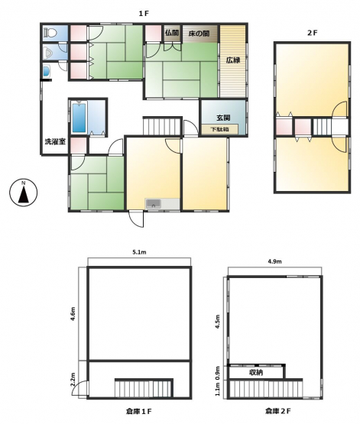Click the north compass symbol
click(x=24, y=193)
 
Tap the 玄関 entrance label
click(x=223, y=118)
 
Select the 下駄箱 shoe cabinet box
click(x=219, y=129)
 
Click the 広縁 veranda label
click(x=233, y=60)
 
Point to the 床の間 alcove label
click(x=199, y=34)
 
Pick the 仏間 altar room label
click(x=172, y=33)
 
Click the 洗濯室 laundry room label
click(x=55, y=141)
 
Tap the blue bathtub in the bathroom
click(x=79, y=118)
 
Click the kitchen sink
click(x=154, y=204)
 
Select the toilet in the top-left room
click(x=50, y=33)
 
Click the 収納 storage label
click(x=256, y=373)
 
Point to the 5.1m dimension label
click(x=139, y=252)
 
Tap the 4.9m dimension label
click(x=274, y=261)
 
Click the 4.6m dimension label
click(x=73, y=313)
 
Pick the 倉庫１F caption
click(x=139, y=411)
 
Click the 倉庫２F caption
click(x=278, y=411)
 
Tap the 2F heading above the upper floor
click(x=312, y=33)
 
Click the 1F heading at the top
click(x=144, y=14)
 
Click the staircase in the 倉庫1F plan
click(x=144, y=388)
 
